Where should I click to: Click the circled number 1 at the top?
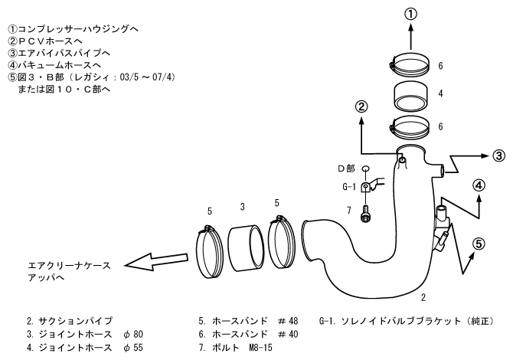pyautogui.click(x=411, y=15)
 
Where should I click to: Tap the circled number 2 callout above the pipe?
pyautogui.click(x=361, y=107)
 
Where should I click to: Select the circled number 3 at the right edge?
pyautogui.click(x=499, y=155)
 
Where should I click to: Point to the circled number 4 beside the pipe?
pyautogui.click(x=479, y=185)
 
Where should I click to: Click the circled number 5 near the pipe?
pyautogui.click(x=479, y=244)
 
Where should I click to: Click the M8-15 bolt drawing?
pyautogui.click(x=365, y=214)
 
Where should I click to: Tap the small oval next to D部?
pyautogui.click(x=365, y=169)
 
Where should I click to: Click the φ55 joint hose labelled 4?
pyautogui.click(x=411, y=96)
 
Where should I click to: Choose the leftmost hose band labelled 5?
pyautogui.click(x=209, y=253)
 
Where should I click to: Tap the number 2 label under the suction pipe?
pyautogui.click(x=423, y=297)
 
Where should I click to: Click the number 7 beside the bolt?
pyautogui.click(x=349, y=210)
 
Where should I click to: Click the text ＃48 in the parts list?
pyautogui.click(x=288, y=321)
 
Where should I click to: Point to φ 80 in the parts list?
pyautogui.click(x=133, y=334)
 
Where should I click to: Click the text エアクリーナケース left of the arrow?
pyautogui.click(x=70, y=266)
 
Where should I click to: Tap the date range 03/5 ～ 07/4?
pyautogui.click(x=148, y=77)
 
